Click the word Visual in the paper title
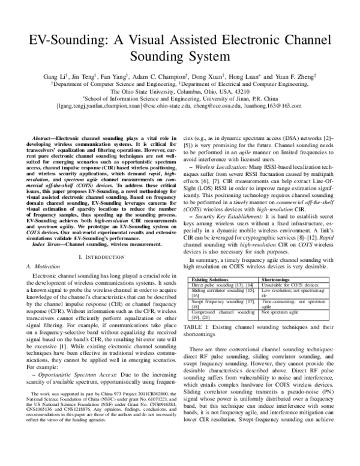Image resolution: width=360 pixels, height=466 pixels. [163, 42]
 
